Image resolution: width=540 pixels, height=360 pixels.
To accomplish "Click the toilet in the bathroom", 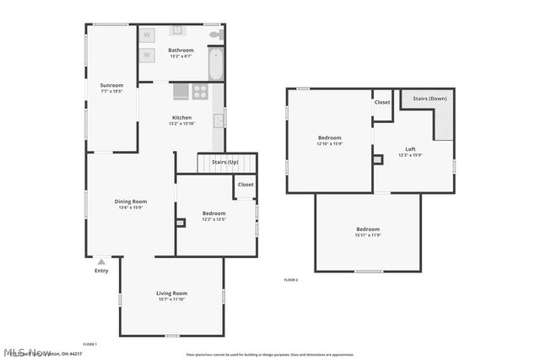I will point(216,35).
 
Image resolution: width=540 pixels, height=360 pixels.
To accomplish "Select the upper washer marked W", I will point(147,35).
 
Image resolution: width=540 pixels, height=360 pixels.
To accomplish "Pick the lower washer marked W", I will point(147,56).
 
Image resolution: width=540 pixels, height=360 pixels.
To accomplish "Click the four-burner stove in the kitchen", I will point(201,92).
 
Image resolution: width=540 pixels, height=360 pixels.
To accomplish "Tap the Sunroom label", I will point(111,85).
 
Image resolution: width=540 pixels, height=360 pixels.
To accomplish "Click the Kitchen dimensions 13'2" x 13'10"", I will point(181,124).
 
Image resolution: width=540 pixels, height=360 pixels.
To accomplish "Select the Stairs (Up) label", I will point(224,161).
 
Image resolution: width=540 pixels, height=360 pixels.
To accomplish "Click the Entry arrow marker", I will point(101,261).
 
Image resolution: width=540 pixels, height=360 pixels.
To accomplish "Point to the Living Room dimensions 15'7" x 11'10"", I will point(171,299).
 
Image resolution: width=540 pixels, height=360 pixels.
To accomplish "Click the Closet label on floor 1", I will point(246,185).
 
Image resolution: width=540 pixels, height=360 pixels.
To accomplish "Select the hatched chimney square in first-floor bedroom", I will point(180,223).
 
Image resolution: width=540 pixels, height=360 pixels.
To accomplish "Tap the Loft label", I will point(410,148).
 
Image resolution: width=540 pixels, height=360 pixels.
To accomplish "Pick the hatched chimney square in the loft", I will point(377,159).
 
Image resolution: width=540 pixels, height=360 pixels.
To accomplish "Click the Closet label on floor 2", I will point(382,102).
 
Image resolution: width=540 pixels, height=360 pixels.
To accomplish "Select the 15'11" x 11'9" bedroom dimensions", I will point(368,235).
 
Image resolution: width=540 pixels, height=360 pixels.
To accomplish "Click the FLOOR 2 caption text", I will point(291,279).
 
